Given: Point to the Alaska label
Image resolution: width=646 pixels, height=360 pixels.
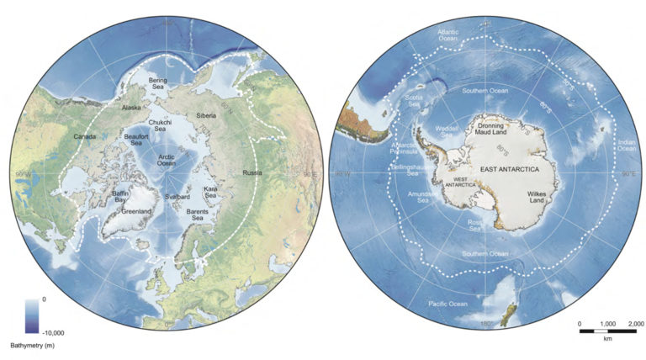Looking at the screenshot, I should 131,108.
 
